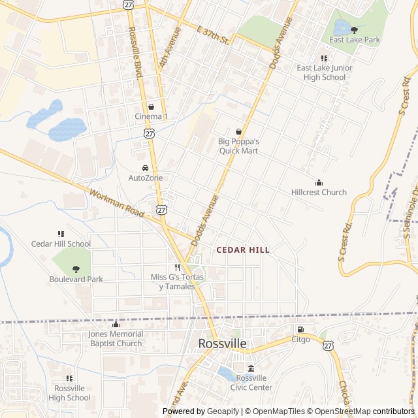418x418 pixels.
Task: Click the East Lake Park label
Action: tap(354, 40)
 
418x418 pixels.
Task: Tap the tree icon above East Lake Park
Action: tap(355, 29)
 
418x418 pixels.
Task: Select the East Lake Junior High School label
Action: tap(325, 72)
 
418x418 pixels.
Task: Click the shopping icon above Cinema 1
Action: tap(151, 106)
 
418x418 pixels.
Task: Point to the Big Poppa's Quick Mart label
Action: tap(238, 146)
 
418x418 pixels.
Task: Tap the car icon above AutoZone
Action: tap(145, 168)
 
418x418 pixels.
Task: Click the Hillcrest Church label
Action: tap(319, 193)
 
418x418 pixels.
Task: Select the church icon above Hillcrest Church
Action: tap(319, 182)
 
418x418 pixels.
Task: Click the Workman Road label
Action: tap(116, 204)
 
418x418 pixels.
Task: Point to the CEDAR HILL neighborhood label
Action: tap(242, 250)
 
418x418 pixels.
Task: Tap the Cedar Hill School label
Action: tap(61, 244)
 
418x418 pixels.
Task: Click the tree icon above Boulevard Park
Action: tap(76, 269)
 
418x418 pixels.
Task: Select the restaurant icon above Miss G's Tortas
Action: tap(177, 267)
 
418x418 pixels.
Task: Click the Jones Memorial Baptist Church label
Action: tap(116, 339)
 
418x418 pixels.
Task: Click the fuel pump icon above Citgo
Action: tap(300, 329)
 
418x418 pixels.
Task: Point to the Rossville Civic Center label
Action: tap(251, 382)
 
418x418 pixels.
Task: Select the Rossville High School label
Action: tap(69, 393)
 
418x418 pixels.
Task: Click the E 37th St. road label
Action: tap(213, 35)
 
